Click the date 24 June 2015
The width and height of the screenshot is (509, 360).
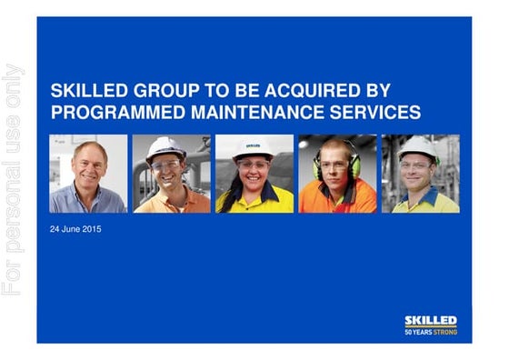(x=75, y=229)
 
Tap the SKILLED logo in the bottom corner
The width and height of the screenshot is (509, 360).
(x=431, y=321)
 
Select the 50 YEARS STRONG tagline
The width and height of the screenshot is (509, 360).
(x=431, y=333)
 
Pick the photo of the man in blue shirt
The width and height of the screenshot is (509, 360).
(x=88, y=174)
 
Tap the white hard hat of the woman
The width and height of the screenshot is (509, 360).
(x=254, y=147)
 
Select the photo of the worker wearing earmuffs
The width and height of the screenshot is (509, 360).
(x=337, y=174)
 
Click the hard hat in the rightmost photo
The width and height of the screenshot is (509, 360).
(x=419, y=146)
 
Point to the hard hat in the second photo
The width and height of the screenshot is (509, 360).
(x=167, y=146)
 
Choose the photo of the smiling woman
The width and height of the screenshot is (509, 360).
(x=254, y=174)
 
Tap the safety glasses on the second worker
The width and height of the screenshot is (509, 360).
(x=166, y=165)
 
